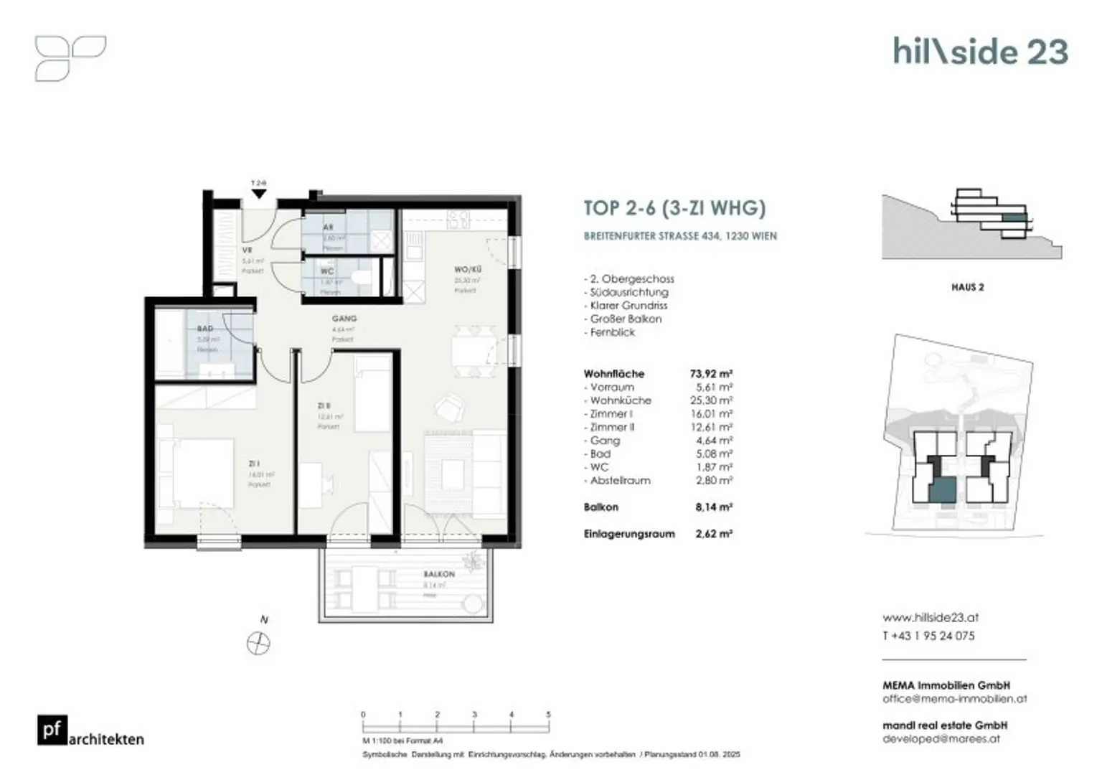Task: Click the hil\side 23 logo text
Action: click(x=980, y=52)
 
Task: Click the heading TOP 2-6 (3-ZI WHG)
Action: click(x=674, y=208)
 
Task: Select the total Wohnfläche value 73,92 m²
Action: click(x=710, y=374)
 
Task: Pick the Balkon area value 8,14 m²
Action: click(x=713, y=507)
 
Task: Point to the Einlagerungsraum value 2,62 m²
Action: click(x=713, y=534)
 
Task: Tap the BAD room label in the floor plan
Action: click(x=204, y=329)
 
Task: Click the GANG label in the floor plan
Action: click(x=344, y=319)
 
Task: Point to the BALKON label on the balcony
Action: click(x=438, y=574)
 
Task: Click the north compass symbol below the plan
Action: click(x=258, y=643)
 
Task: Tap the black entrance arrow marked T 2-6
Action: click(x=259, y=194)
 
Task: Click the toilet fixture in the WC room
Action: click(x=362, y=278)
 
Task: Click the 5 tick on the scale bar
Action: click(x=548, y=715)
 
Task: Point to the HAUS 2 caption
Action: click(x=967, y=287)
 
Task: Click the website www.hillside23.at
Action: click(x=930, y=617)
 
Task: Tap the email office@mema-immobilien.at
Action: click(x=954, y=698)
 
